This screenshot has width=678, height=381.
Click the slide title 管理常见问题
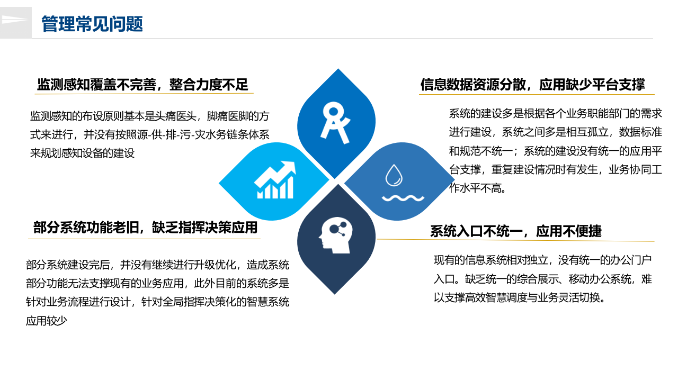(x=92, y=24)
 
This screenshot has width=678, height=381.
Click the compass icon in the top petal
(x=336, y=122)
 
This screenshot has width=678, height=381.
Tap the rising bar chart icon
(x=274, y=180)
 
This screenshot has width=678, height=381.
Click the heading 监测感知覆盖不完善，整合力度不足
(x=142, y=84)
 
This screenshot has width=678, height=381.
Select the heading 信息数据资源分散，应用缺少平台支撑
(x=532, y=85)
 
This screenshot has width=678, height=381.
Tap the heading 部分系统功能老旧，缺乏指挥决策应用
(x=145, y=228)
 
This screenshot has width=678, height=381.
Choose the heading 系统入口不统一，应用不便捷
(x=515, y=231)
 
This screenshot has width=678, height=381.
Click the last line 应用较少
(x=47, y=321)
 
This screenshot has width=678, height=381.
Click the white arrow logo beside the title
(x=14, y=20)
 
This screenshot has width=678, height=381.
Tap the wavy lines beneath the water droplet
(x=403, y=198)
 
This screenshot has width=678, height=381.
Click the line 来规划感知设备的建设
(x=82, y=153)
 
